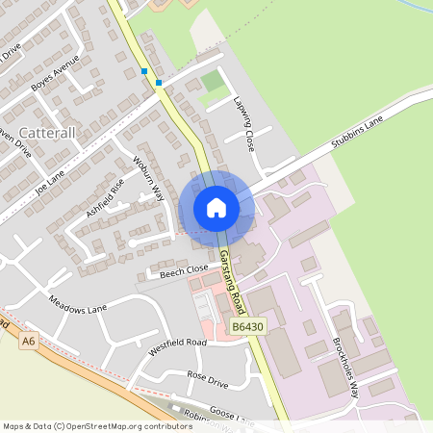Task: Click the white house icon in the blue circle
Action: [x=216, y=207]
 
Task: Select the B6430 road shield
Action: [x=247, y=328]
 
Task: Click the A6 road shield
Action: [x=29, y=340]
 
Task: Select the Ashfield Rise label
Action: [x=105, y=196]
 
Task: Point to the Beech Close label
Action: [x=183, y=269]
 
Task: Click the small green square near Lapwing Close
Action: [x=212, y=81]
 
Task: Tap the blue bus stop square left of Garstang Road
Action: [x=144, y=71]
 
